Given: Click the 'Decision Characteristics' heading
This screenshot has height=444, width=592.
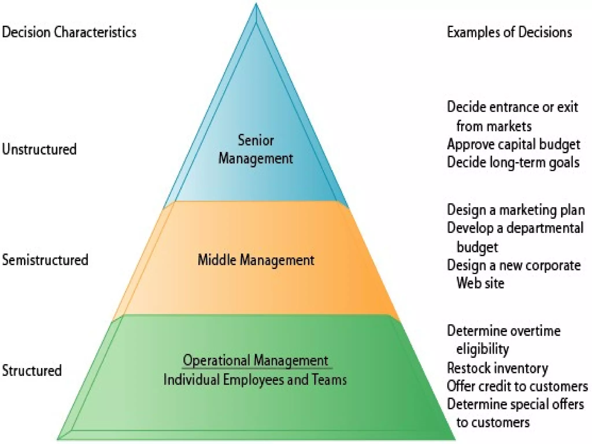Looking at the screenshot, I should [x=69, y=32].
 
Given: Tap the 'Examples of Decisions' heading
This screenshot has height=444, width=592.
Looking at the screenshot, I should [x=509, y=32].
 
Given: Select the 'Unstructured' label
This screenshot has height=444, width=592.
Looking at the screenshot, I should [x=39, y=149].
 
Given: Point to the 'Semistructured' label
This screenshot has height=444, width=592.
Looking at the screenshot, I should [x=45, y=260].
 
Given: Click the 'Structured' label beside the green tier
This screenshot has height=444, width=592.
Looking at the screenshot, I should [x=32, y=371].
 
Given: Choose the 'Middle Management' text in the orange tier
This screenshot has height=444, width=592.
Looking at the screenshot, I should [x=256, y=260].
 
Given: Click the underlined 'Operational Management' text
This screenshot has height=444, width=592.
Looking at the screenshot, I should [x=256, y=361].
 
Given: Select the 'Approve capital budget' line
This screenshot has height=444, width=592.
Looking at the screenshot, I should [x=513, y=145].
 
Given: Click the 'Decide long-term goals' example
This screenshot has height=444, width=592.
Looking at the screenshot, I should [x=513, y=162].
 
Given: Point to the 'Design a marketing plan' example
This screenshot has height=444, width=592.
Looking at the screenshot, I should [x=516, y=210].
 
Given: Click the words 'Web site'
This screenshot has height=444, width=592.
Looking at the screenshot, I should [x=480, y=283].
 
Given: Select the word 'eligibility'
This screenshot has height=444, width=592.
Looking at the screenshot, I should [x=482, y=349].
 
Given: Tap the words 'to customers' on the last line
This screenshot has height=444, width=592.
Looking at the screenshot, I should [x=493, y=423].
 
